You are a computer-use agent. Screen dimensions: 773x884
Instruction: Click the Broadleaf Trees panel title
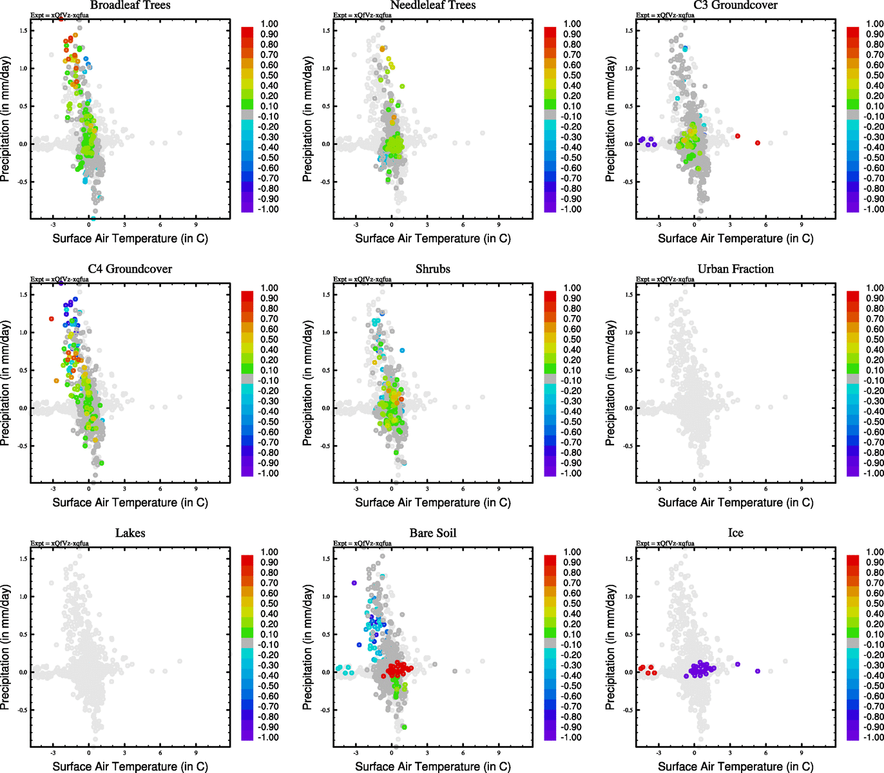pyautogui.click(x=130, y=5)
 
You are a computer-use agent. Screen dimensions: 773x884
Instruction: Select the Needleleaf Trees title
pyautogui.click(x=433, y=5)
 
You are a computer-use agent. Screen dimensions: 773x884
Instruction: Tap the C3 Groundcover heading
pyautogui.click(x=735, y=5)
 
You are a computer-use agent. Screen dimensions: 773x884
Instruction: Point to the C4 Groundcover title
pyautogui.click(x=130, y=269)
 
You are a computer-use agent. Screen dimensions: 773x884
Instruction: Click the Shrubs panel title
pyautogui.click(x=433, y=269)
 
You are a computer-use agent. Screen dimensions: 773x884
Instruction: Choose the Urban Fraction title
pyautogui.click(x=735, y=269)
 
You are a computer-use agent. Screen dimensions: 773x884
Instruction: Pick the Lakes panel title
pyautogui.click(x=130, y=533)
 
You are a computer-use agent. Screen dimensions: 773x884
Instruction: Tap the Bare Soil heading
pyautogui.click(x=433, y=533)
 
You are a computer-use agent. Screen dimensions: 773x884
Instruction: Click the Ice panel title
pyautogui.click(x=735, y=533)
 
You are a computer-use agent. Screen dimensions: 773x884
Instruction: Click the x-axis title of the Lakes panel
pyautogui.click(x=130, y=767)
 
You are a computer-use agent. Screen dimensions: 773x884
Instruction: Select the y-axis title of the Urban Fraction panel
pyautogui.click(x=610, y=383)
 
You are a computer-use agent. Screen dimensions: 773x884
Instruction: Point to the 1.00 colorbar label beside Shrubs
pyautogui.click(x=572, y=288)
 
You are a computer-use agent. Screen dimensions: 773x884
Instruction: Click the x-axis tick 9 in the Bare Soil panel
pyautogui.click(x=499, y=752)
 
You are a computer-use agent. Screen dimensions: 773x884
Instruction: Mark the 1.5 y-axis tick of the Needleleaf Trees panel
pyautogui.click(x=326, y=31)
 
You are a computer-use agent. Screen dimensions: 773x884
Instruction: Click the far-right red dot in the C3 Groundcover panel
pyautogui.click(x=758, y=143)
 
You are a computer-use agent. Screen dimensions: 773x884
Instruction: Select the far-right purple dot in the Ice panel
pyautogui.click(x=758, y=671)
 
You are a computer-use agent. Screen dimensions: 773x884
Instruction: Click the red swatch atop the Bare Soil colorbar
pyautogui.click(x=550, y=560)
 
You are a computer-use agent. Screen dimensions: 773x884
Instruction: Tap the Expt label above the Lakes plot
pyautogui.click(x=59, y=544)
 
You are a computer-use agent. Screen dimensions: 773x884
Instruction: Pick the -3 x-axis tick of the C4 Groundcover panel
pyautogui.click(x=53, y=488)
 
